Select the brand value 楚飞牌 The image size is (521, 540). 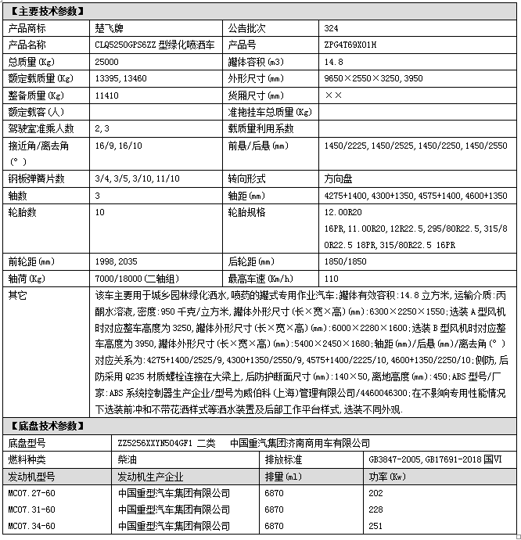tap(109, 27)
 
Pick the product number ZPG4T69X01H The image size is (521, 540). tap(350, 45)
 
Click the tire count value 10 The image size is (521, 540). tap(99, 212)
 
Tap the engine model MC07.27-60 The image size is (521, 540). tap(31, 493)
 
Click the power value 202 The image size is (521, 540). tap(375, 493)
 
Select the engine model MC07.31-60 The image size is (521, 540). tap(31, 510)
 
